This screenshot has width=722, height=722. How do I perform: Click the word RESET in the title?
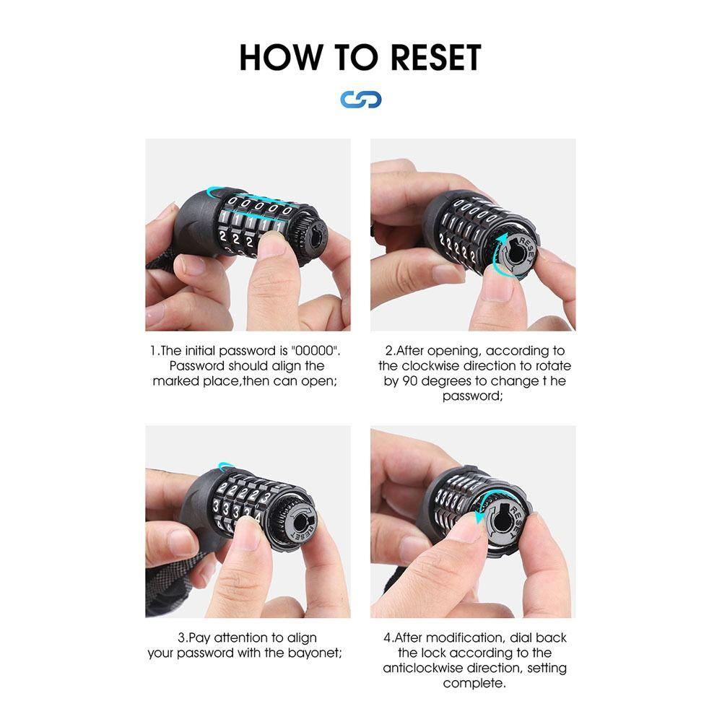coord(435,58)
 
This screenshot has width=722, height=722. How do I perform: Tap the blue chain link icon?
coord(361,100)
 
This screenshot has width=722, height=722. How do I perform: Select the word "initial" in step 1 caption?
coord(200,351)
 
